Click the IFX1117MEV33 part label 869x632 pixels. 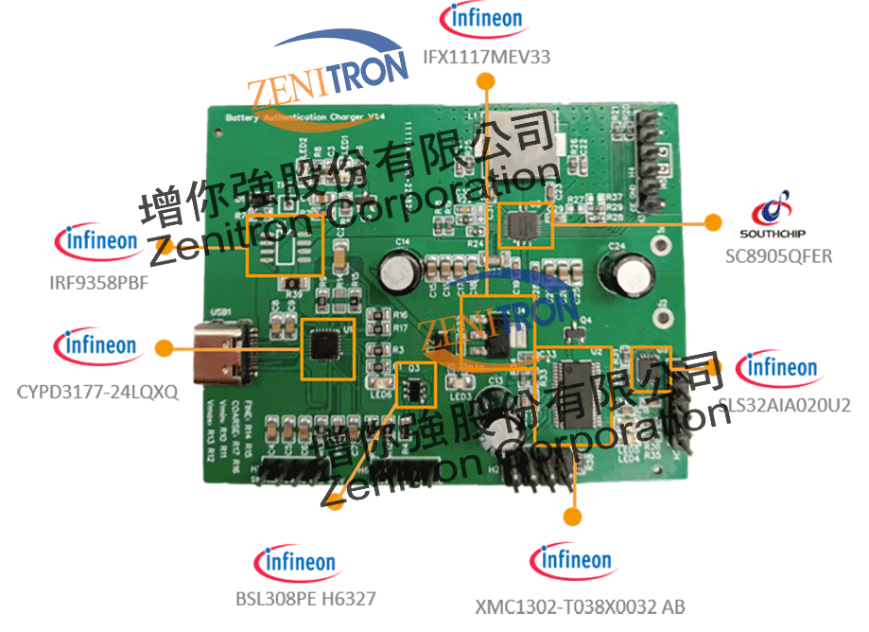[x=487, y=58]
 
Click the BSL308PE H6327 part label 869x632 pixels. [x=305, y=599]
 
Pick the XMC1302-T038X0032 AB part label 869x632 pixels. [x=580, y=606]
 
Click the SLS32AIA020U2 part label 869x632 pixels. [x=785, y=406]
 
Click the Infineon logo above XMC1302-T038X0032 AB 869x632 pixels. [x=573, y=561]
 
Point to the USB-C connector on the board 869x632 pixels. [x=220, y=352]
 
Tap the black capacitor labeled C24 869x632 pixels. [x=631, y=273]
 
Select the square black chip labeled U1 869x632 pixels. [x=324, y=347]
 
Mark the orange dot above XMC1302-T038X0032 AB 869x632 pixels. [x=571, y=516]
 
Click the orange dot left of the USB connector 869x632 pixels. [x=164, y=347]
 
